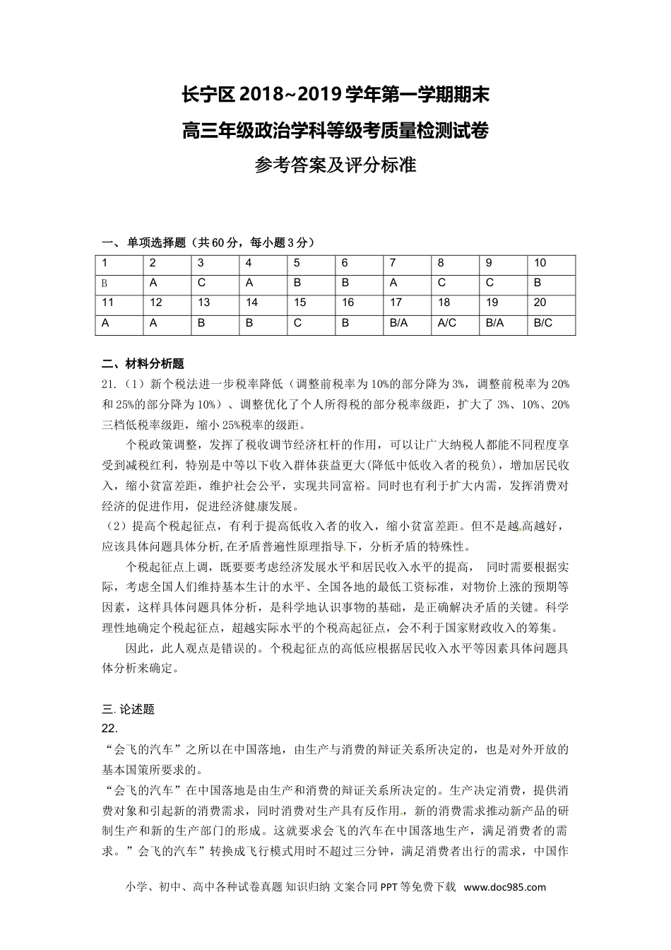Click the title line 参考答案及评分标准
click(335, 165)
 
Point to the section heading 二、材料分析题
click(143, 364)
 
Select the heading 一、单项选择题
click(144, 242)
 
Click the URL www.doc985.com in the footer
click(505, 887)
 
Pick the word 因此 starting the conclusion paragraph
click(137, 648)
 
